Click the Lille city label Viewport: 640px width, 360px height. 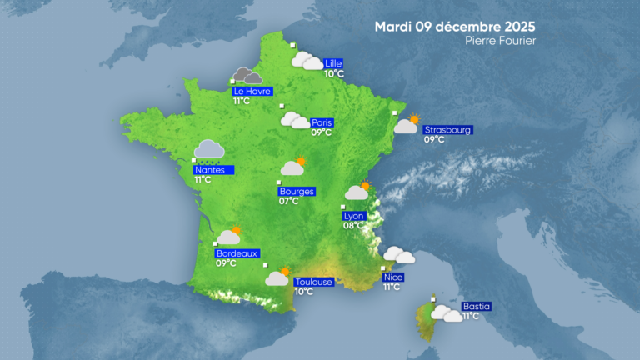(x=334, y=63)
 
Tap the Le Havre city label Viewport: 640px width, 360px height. (x=252, y=91)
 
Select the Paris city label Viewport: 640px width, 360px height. (x=322, y=122)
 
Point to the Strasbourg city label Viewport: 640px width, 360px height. (x=448, y=130)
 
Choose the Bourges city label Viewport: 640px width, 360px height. (x=297, y=191)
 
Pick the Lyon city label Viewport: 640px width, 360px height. (x=354, y=216)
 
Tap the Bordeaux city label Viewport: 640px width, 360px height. (x=237, y=253)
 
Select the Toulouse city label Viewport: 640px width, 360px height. (x=313, y=282)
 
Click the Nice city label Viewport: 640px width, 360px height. (x=392, y=277)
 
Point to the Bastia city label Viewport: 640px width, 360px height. (x=476, y=306)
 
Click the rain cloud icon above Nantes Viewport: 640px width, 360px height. (x=208, y=149)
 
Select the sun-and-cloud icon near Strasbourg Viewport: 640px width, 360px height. (x=407, y=125)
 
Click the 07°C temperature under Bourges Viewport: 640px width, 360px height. (x=289, y=201)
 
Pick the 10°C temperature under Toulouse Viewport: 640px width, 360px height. (x=303, y=292)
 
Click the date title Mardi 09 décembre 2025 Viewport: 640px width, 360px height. (x=454, y=26)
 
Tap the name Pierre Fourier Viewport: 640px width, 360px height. (x=501, y=41)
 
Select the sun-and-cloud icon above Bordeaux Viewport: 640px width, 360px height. (x=229, y=236)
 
